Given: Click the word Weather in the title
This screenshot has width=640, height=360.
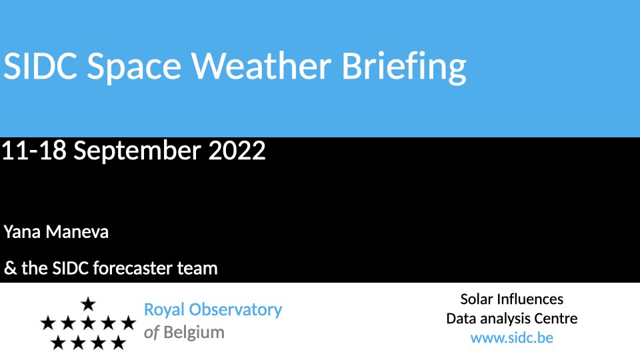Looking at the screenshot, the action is (261, 66).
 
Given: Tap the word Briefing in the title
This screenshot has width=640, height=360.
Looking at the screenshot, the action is (404, 67).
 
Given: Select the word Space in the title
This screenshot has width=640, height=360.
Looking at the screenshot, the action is (134, 68).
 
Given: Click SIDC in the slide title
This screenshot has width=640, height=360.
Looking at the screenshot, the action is (41, 66).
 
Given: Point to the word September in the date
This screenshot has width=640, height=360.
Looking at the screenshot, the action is (137, 151).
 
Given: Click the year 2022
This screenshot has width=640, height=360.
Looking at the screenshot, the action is (237, 150).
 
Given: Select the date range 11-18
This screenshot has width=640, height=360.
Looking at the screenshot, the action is (34, 150).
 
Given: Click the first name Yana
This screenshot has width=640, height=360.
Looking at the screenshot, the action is (22, 232).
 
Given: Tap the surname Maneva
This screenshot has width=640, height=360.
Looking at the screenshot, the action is (77, 232).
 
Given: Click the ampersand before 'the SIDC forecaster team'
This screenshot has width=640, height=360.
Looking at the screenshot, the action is (10, 268).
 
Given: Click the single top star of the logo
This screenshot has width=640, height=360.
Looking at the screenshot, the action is (88, 304).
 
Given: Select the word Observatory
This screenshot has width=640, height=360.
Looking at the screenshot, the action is (235, 309).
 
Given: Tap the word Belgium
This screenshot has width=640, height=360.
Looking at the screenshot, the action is (194, 333).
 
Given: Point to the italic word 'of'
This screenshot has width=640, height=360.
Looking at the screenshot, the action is (151, 333).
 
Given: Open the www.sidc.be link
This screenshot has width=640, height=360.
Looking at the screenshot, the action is (512, 338).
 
